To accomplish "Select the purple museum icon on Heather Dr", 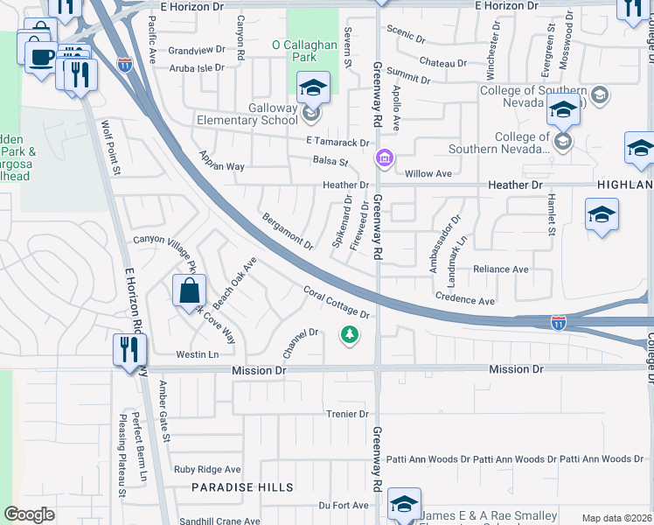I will tap(383, 158).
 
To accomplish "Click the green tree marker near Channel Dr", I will tap(350, 334).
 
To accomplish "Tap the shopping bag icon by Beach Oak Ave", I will tap(189, 290).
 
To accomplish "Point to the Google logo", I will tap(29, 514).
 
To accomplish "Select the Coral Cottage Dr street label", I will tap(337, 303).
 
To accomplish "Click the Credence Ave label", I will tap(465, 299).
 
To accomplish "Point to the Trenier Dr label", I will tap(348, 414).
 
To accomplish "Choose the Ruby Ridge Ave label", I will tap(207, 470).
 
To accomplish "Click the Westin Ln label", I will tap(197, 354).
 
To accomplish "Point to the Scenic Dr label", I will tap(409, 39).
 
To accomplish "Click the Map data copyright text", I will tap(616, 518).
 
